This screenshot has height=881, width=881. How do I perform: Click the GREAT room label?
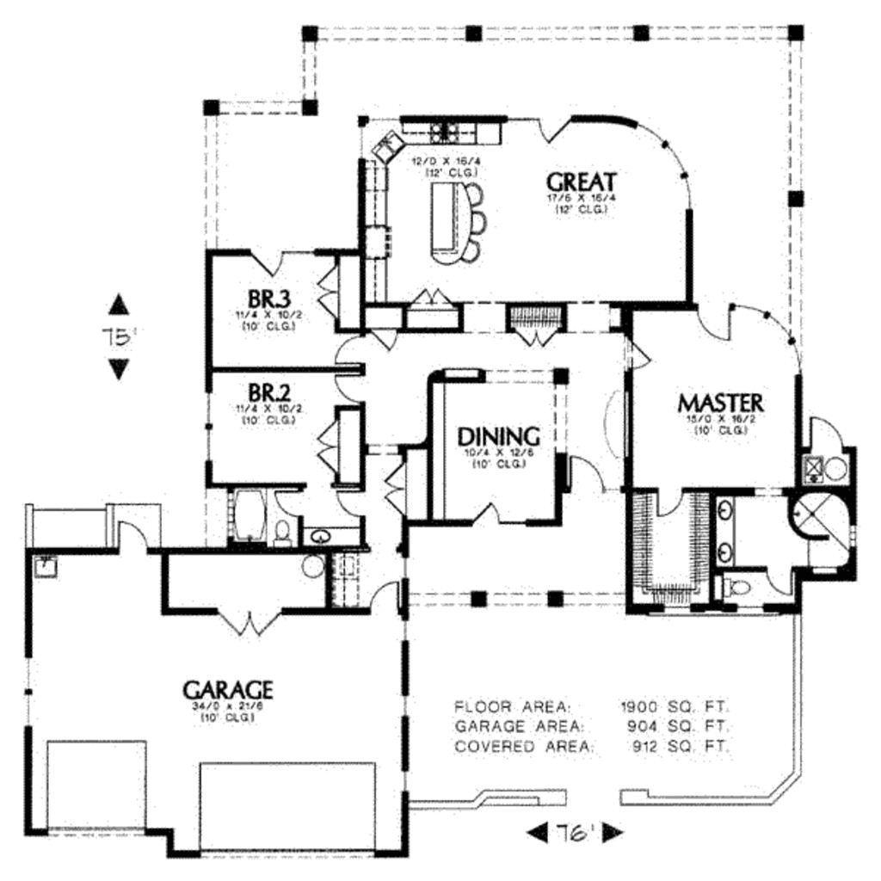582,182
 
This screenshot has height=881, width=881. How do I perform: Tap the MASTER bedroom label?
719,402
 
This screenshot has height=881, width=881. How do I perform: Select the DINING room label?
498,435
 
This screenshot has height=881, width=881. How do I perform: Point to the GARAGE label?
227,689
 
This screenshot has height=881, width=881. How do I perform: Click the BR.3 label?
268,299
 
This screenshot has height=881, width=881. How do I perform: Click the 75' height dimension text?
120,337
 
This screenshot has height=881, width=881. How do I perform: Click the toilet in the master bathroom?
736,588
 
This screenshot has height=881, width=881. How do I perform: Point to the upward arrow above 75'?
119,305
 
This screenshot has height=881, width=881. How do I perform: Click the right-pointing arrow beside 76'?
613,833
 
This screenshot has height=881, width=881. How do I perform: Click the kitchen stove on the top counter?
443,132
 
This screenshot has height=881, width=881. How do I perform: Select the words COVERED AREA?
524,746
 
